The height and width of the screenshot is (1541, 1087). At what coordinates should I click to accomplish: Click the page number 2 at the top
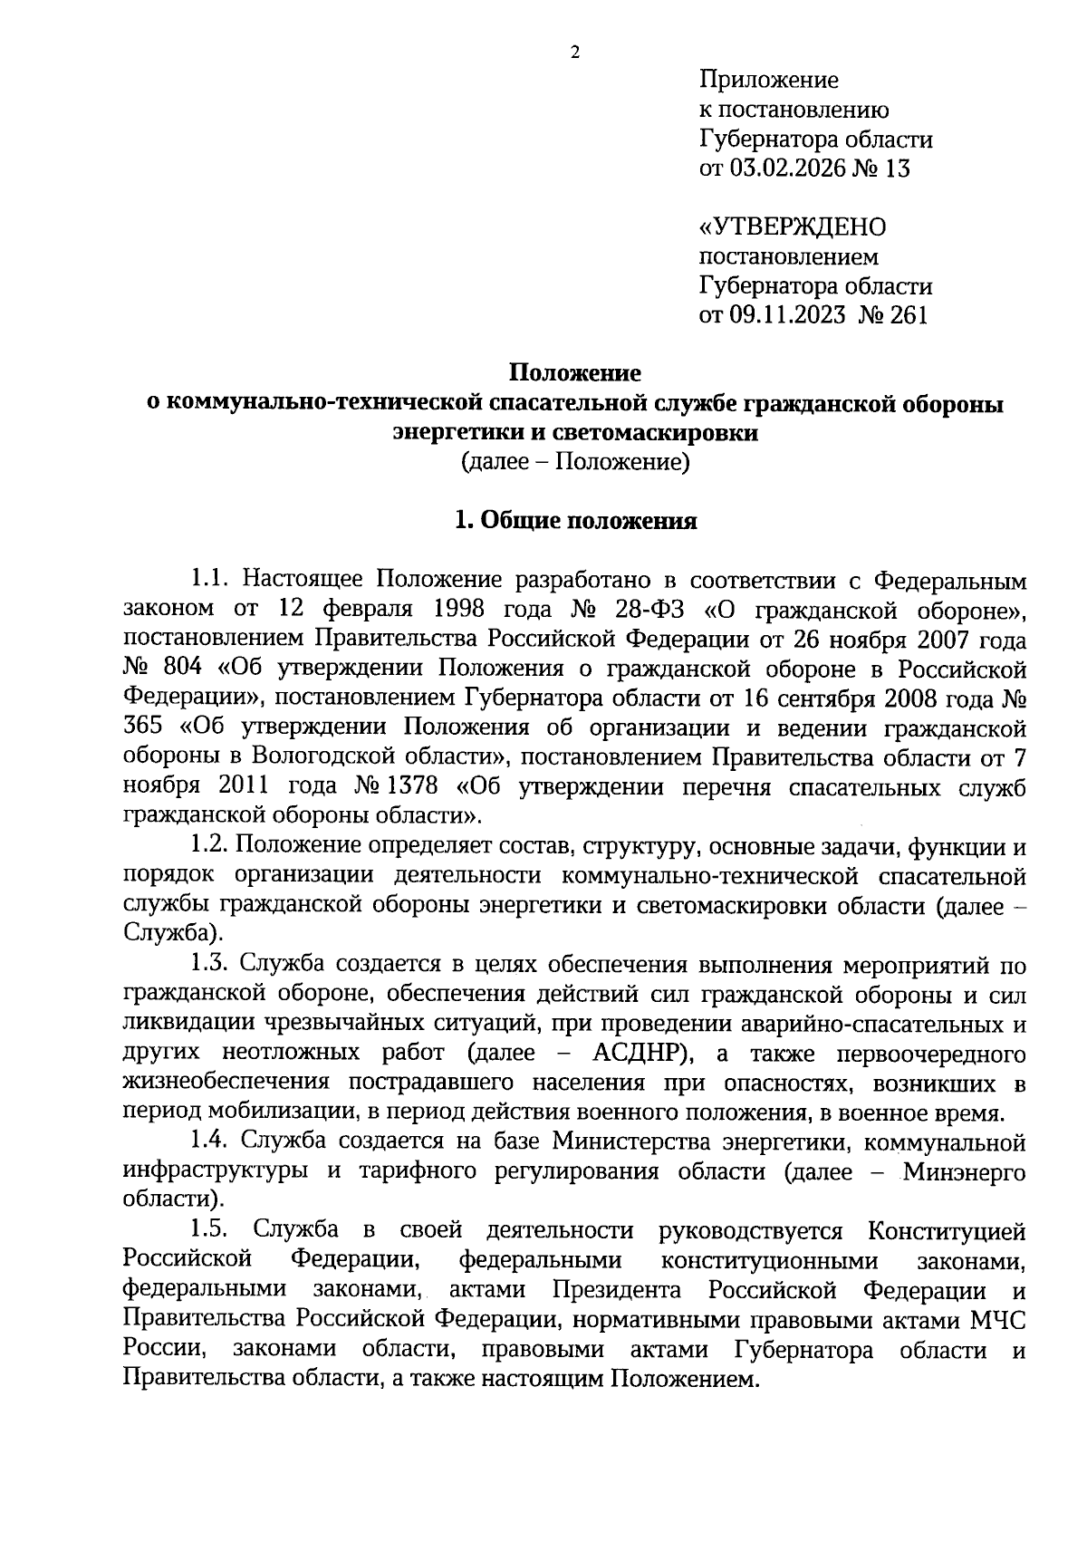pos(574,52)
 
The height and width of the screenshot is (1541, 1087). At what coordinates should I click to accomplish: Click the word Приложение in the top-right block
pos(769,81)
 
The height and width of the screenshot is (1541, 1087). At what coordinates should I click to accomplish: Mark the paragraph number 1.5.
pos(209,1230)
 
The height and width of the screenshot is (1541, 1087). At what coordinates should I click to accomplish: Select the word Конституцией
pos(947,1230)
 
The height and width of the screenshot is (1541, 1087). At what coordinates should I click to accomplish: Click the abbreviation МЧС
pos(998,1318)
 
